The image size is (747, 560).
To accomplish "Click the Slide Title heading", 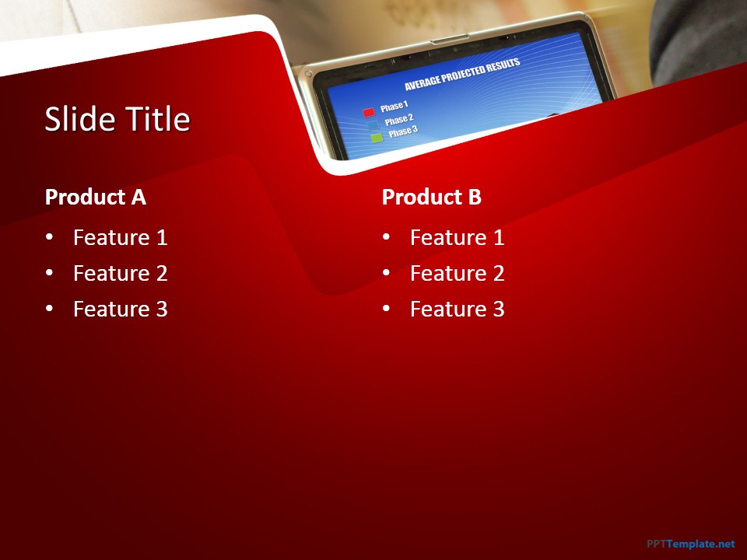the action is [x=117, y=118].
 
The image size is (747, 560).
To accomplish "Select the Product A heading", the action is [x=95, y=197].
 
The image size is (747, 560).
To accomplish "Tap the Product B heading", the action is [x=432, y=197].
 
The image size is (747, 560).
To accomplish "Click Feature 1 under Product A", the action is [x=121, y=237].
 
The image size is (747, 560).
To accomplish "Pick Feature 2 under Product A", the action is [x=121, y=273].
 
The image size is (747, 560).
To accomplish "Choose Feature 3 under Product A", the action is [x=121, y=309].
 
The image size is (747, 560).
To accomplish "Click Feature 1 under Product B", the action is [x=458, y=237].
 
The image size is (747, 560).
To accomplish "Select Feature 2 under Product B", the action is [x=458, y=273].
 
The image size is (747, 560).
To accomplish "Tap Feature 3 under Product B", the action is [x=458, y=309].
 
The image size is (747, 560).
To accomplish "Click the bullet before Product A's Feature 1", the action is [x=49, y=236].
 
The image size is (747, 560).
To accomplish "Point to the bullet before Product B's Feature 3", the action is [x=386, y=308].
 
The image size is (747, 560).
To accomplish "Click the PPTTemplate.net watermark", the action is [x=691, y=544].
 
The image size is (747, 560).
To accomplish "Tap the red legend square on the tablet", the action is [x=369, y=112].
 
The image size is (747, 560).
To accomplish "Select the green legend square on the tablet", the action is [x=377, y=138].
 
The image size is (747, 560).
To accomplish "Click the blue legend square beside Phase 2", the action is [x=373, y=125].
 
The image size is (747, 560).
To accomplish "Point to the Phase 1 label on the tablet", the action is [x=395, y=107].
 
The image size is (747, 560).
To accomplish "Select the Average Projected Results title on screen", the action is [x=462, y=75].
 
